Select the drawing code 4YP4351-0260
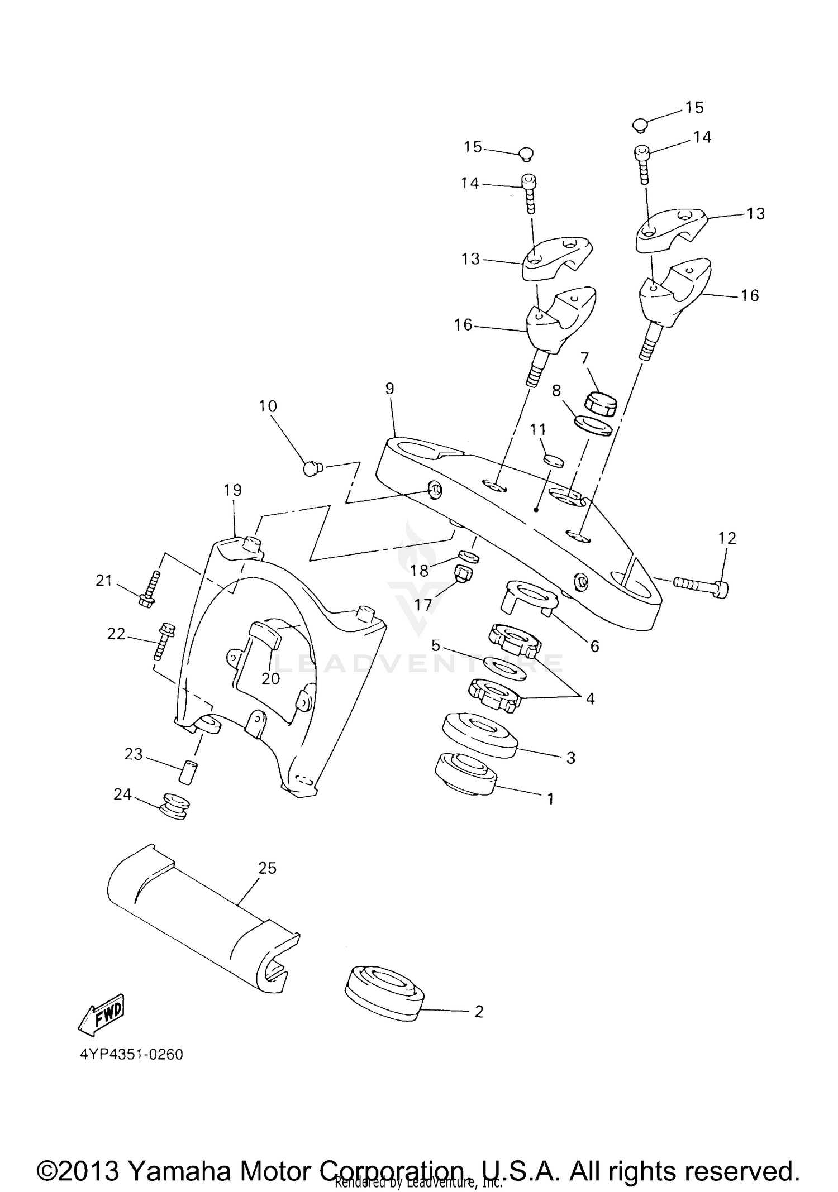tap(132, 1055)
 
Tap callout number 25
tap(267, 868)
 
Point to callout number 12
tap(727, 538)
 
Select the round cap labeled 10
tap(312, 468)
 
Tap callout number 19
tap(232, 490)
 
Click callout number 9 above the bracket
tap(389, 389)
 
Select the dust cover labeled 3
tap(479, 735)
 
